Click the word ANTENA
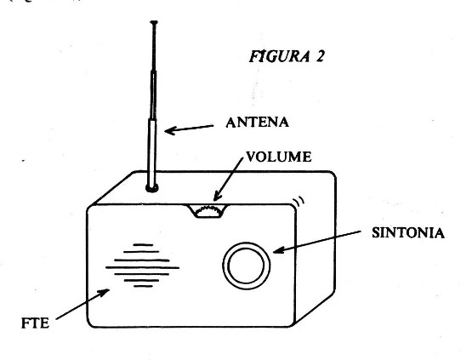pyautogui.click(x=258, y=123)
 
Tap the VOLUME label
pyautogui.click(x=279, y=157)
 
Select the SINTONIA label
pyautogui.click(x=408, y=233)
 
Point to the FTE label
pyautogui.click(x=35, y=323)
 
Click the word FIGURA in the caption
pyautogui.click(x=280, y=56)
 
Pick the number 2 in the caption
pyautogui.click(x=320, y=56)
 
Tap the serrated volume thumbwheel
pyautogui.click(x=209, y=211)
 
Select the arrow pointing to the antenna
pyautogui.click(x=189, y=129)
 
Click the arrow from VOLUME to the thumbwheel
pyautogui.click(x=228, y=180)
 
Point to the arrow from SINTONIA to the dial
pyautogui.click(x=316, y=242)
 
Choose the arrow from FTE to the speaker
pyautogui.click(x=82, y=304)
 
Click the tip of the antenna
pyautogui.click(x=154, y=22)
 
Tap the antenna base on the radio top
pyautogui.click(x=152, y=188)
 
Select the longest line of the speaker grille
pyautogui.click(x=142, y=267)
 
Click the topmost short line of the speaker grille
pyautogui.click(x=143, y=245)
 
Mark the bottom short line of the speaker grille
pyautogui.click(x=143, y=286)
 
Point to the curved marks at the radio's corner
pyautogui.click(x=299, y=202)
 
